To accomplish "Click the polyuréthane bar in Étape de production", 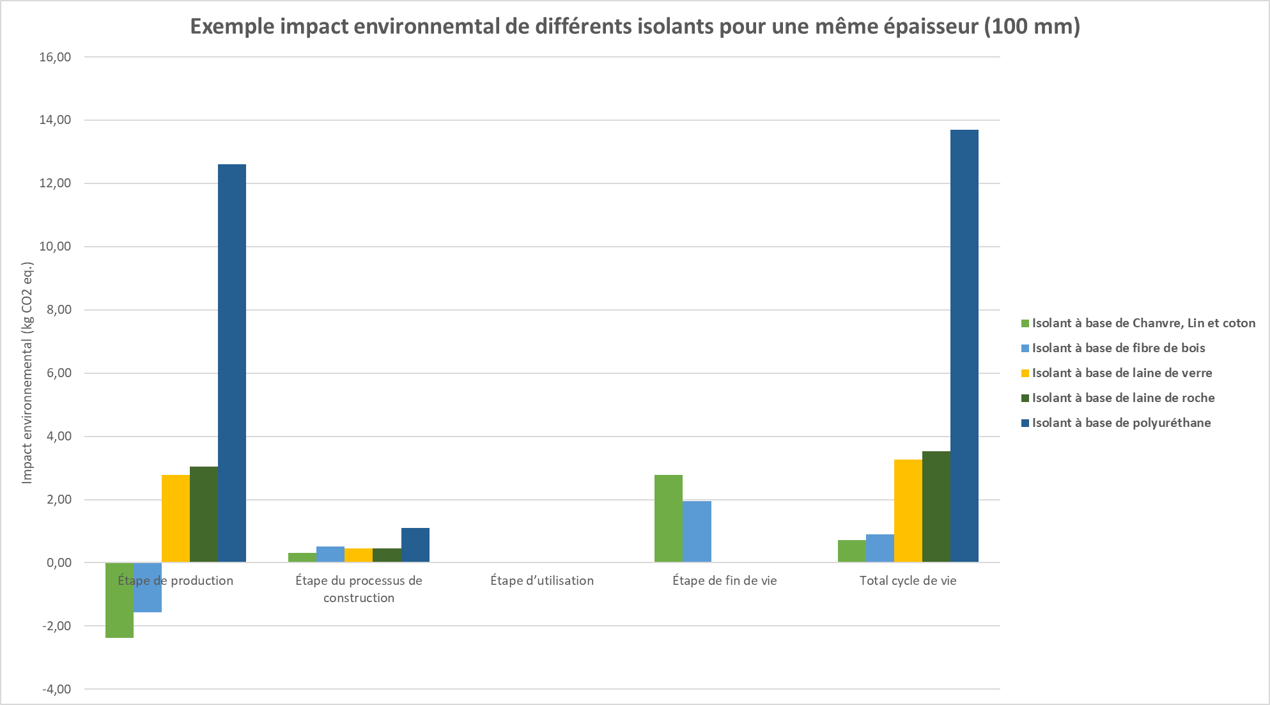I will coord(231,363).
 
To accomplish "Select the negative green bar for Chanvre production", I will coord(120,600).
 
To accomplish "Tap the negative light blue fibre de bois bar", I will coord(148,587).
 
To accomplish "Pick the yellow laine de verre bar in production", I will coord(176,518).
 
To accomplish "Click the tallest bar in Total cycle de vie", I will coord(964,346).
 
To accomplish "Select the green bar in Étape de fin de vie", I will coord(669,518).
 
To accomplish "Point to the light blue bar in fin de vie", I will coord(697,532).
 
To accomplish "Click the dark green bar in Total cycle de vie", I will coord(936,507).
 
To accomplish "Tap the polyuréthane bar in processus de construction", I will coord(415,545).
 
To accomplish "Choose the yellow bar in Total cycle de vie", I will coord(908,511).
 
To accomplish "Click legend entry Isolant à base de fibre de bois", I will coord(1118,348).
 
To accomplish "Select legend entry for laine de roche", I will coord(1123,398).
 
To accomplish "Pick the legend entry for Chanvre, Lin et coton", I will coord(1143,323).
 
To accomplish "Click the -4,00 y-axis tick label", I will coord(56,689).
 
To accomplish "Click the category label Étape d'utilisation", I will coord(542,581).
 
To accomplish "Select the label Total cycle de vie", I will coord(908,581).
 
